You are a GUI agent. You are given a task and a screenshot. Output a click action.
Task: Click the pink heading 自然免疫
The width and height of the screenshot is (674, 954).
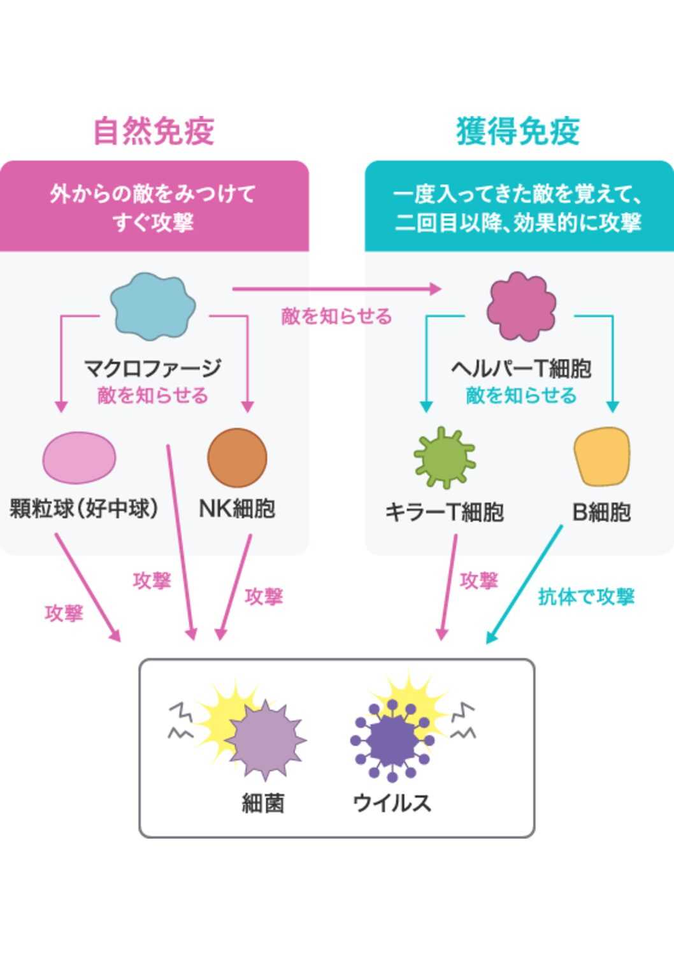click(x=154, y=131)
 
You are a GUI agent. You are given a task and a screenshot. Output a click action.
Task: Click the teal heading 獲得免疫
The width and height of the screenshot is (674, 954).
click(x=517, y=131)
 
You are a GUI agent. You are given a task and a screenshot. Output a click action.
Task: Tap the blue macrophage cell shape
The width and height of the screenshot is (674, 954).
click(x=153, y=307)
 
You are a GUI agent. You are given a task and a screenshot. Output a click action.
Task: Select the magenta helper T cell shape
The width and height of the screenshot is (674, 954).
click(x=521, y=307)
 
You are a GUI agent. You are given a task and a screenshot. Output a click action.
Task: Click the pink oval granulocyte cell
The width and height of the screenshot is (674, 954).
click(x=79, y=458)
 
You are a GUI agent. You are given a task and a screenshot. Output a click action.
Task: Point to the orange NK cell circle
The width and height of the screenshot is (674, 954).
click(x=237, y=458)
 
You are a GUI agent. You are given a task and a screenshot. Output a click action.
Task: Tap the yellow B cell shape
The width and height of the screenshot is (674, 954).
click(x=601, y=457)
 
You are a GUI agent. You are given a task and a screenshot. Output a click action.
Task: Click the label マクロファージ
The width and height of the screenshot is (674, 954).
click(x=153, y=368)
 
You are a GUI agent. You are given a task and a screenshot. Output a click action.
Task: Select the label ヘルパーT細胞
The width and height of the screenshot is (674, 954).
click(x=521, y=368)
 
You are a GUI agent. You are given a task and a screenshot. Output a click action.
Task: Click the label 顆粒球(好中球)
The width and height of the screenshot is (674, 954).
click(x=83, y=509)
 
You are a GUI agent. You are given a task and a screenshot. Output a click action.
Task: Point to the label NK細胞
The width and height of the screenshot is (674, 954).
click(x=237, y=509)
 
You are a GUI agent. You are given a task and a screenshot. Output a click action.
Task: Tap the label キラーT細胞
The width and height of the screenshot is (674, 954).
click(x=445, y=512)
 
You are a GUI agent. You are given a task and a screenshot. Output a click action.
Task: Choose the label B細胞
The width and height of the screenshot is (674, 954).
click(x=601, y=512)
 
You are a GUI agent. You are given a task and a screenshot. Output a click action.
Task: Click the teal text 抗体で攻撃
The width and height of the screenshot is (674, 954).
click(x=586, y=596)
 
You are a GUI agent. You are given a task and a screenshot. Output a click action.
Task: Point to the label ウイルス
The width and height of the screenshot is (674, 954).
click(x=392, y=802)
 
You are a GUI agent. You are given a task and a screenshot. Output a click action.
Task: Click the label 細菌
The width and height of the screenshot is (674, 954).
click(x=263, y=803)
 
